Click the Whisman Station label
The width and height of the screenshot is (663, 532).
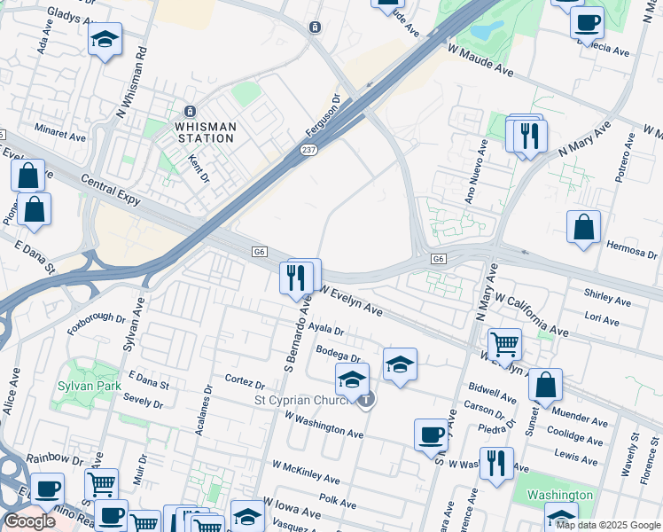pyautogui.click(x=206, y=132)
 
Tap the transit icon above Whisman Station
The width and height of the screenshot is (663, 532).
pyautogui.click(x=189, y=112)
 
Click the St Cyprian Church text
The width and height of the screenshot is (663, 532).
pyautogui.click(x=305, y=401)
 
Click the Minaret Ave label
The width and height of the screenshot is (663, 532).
pyautogui.click(x=60, y=137)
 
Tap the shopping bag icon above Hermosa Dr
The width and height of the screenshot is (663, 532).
pyautogui.click(x=584, y=228)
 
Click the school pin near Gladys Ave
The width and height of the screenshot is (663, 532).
pyautogui.click(x=105, y=40)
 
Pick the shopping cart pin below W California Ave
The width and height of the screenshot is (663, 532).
pyautogui.click(x=504, y=342)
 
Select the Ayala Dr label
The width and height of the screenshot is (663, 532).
pyautogui.click(x=326, y=330)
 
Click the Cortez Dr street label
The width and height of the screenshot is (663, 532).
pyautogui.click(x=246, y=385)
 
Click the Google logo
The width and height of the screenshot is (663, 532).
pyautogui.click(x=29, y=521)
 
